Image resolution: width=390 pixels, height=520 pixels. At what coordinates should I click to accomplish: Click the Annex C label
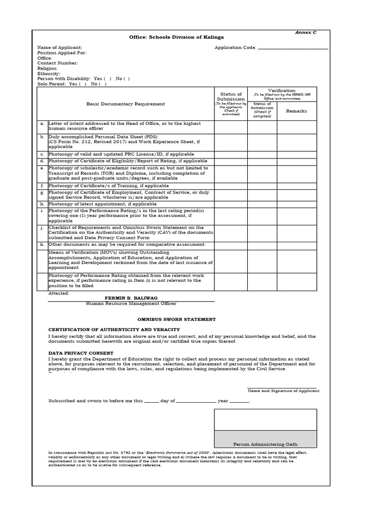pos(306,32)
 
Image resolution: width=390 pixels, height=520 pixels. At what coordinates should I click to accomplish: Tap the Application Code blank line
pos(293,48)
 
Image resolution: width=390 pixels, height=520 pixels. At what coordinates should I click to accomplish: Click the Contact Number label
pos(57,63)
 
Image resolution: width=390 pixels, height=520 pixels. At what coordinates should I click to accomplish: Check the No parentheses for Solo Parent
pos(103,84)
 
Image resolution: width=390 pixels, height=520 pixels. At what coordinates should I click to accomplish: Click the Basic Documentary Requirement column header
pos(125,104)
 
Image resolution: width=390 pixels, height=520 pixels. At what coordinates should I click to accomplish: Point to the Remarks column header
pos(297,111)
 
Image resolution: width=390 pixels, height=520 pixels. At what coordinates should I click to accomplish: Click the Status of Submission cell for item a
pos(231,127)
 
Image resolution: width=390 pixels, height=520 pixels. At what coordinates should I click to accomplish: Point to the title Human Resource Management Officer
pos(131,304)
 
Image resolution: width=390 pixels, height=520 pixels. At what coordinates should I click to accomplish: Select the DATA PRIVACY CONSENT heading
pos(81,353)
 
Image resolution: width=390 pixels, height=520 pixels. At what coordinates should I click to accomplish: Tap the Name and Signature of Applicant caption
pos(283,391)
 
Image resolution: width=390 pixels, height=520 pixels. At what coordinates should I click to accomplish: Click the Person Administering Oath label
pos(265,444)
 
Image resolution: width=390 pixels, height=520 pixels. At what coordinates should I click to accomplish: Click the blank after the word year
pos(240,401)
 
